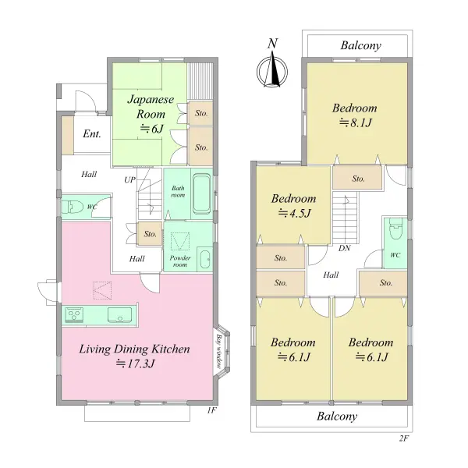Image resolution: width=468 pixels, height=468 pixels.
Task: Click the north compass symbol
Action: pos(272,72)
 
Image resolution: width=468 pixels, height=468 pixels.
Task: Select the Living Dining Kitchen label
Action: pos(135,356)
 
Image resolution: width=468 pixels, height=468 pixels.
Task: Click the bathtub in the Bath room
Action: pos(203,193)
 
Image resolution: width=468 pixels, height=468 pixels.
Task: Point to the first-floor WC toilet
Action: pos(73,207)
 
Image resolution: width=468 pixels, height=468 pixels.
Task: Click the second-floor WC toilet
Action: pos(395,230)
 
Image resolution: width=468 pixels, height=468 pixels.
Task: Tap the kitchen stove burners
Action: pos(74,315)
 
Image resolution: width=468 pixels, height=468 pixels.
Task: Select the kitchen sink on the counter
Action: pos(119,315)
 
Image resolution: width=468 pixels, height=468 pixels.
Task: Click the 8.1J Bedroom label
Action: pos(355,115)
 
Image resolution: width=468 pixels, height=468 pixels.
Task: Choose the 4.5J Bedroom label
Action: pos(294,206)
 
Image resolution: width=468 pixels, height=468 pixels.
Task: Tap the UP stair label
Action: pos(129,180)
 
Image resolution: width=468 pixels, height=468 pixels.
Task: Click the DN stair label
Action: pos(345,248)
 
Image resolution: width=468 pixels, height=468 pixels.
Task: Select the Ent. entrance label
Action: pos(92,133)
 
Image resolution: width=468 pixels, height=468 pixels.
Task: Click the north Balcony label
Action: pos(361,46)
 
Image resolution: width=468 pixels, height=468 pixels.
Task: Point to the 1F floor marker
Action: pos(211,410)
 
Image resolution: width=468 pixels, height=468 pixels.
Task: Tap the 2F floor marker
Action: pos(404,438)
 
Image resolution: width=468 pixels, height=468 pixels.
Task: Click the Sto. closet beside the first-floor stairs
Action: pos(150,234)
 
